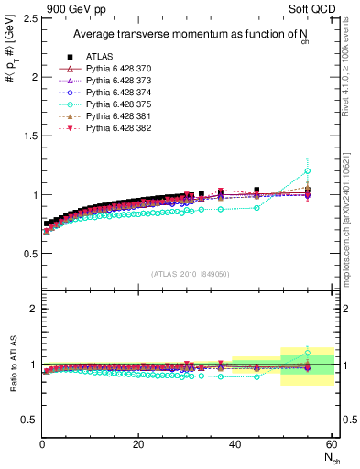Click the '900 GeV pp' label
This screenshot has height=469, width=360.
tap(71, 8)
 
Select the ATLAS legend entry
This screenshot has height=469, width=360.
tap(101, 57)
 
